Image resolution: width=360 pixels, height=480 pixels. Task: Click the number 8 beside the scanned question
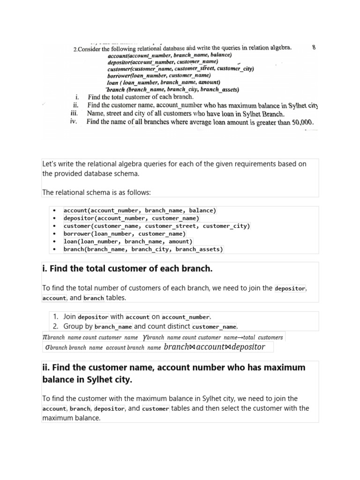313,47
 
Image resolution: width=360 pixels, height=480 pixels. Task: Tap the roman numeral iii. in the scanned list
74,113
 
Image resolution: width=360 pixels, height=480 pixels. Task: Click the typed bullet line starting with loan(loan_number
128,241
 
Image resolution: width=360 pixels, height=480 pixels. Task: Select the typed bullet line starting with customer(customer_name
157,226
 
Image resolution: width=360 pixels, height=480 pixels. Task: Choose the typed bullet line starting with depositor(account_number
131,218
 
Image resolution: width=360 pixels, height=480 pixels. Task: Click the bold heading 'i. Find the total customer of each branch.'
127,269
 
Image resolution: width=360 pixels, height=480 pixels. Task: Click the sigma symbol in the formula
47,347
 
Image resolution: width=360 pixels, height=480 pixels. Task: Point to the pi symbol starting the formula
45,337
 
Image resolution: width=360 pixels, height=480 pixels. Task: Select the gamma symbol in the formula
144,337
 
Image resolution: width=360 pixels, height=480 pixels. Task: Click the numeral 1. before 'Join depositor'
55,317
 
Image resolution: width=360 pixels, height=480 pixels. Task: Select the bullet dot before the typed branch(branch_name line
55,249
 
